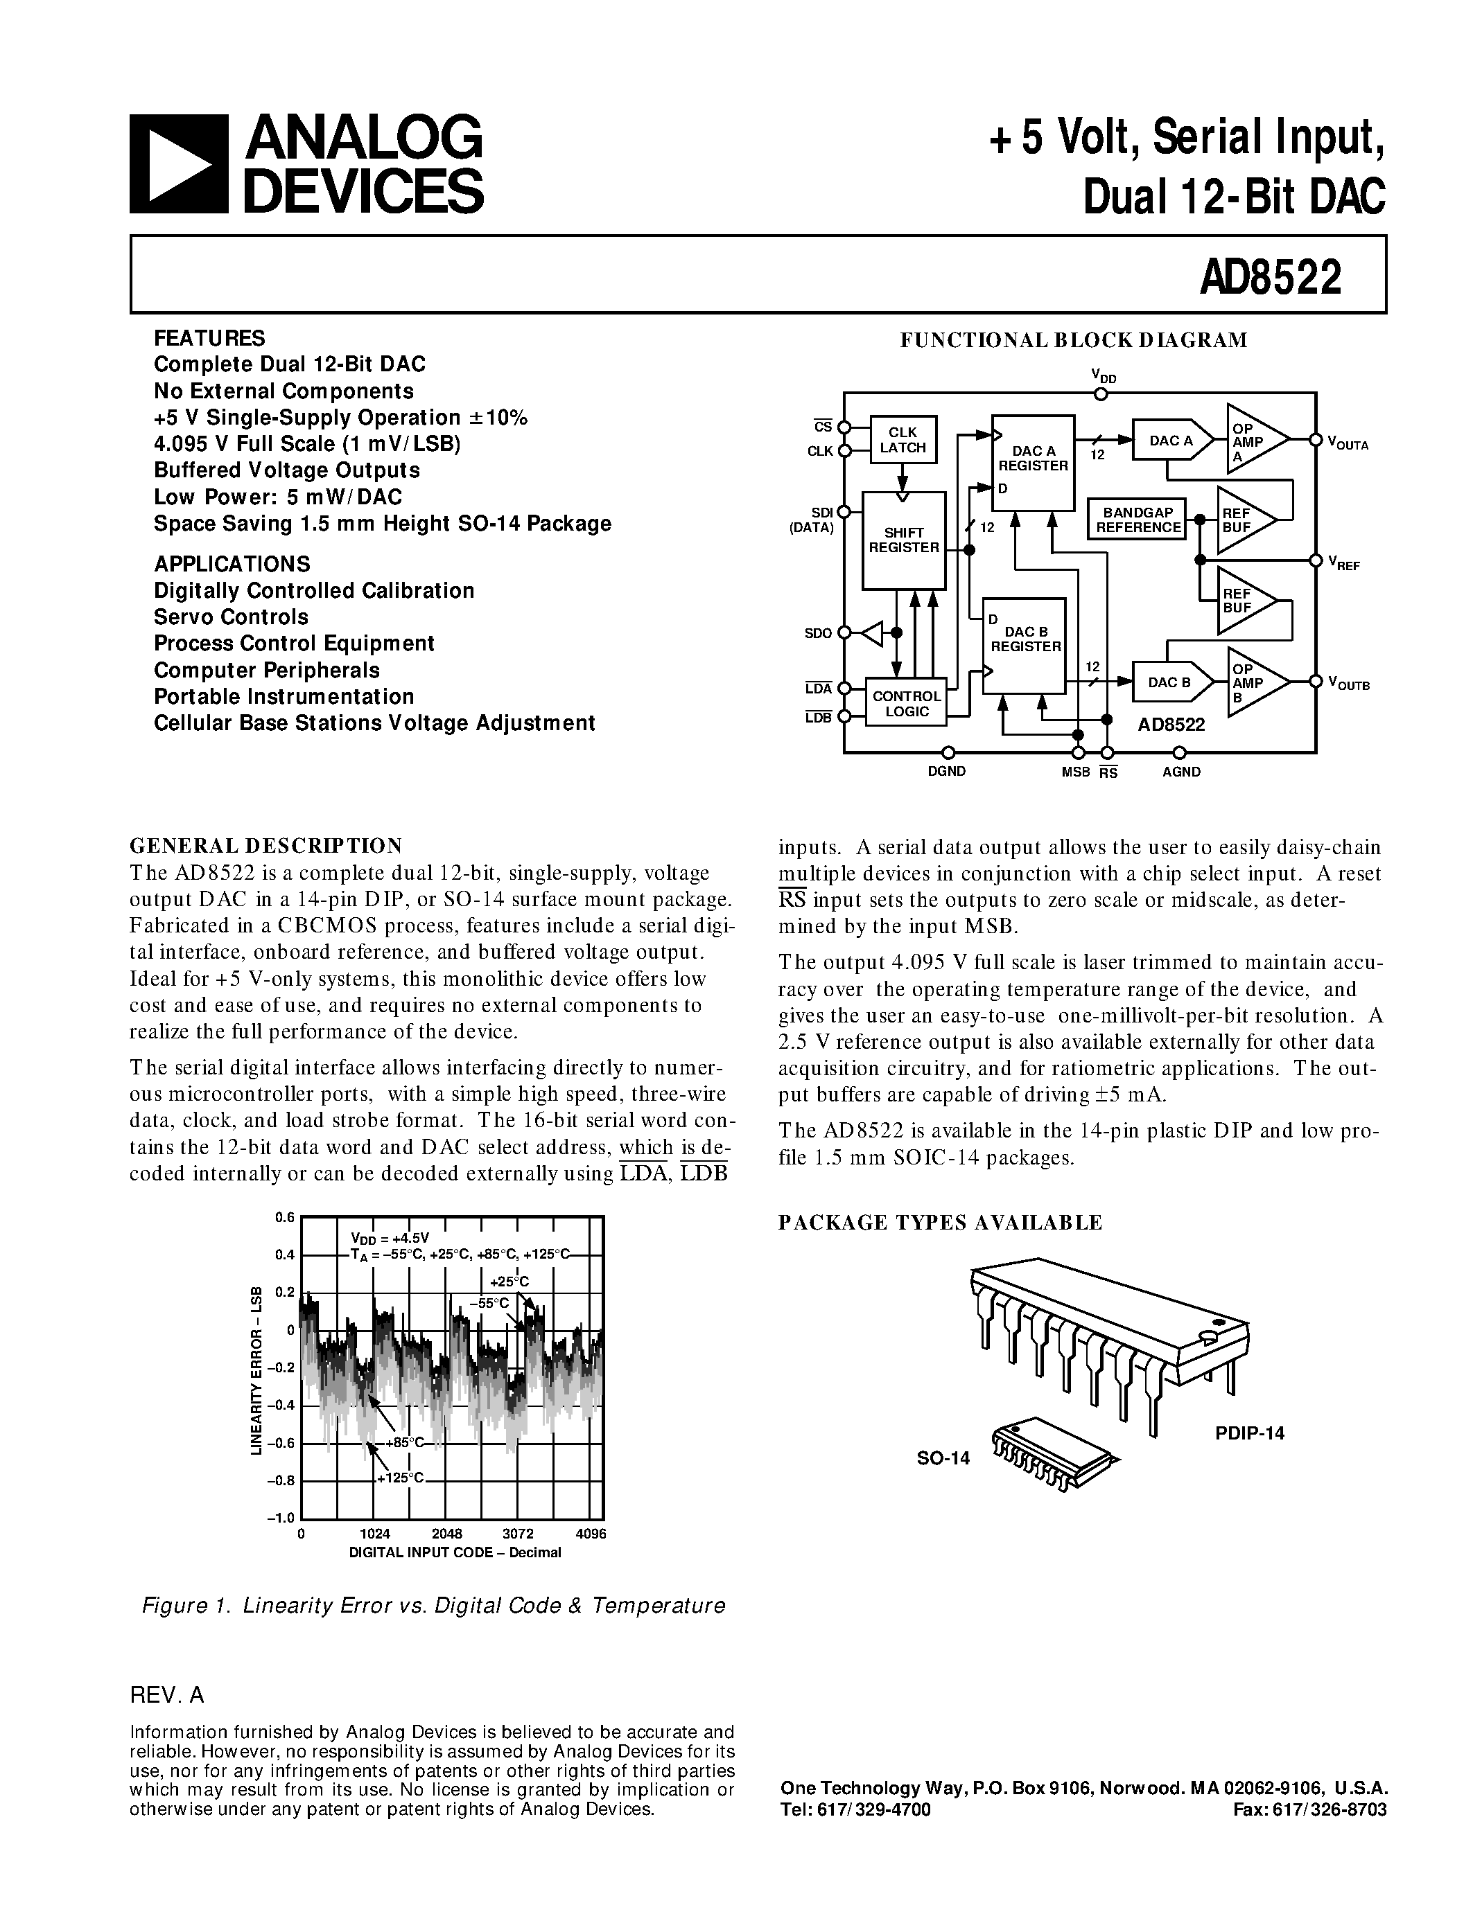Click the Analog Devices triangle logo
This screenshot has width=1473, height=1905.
click(179, 165)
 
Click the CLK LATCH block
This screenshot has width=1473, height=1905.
click(903, 440)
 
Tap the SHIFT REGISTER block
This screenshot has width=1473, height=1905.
click(904, 540)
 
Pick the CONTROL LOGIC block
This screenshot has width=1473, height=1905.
click(907, 702)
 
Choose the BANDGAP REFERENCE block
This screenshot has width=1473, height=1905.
click(1138, 520)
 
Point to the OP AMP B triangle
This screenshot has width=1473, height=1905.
click(1253, 682)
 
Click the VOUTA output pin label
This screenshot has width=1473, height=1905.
click(1348, 444)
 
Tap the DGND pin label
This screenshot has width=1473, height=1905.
click(947, 771)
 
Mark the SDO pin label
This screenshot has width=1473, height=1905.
click(818, 633)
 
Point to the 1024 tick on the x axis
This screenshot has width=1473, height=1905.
click(374, 1534)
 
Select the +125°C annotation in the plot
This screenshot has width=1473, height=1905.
click(400, 1477)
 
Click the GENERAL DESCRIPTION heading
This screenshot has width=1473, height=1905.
click(266, 845)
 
